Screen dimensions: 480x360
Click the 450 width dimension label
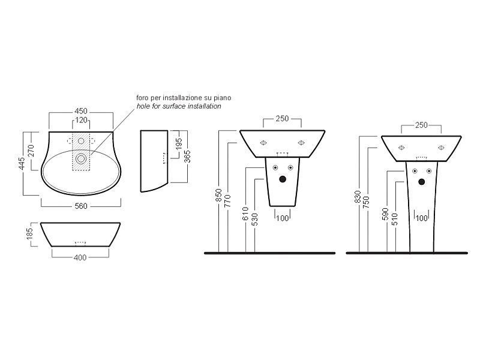pos(81,111)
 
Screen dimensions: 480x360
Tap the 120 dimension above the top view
pos(81,120)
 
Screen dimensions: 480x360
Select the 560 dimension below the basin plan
pos(81,206)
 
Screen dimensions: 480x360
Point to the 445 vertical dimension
pos(21,163)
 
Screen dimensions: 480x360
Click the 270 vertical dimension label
pos(31,151)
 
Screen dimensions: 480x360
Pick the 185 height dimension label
pos(29,234)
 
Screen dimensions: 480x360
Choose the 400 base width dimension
pos(80,258)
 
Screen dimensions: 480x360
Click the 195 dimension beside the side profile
pos(179,144)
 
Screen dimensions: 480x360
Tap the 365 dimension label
pos(187,156)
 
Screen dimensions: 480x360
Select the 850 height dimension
pos(218,195)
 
